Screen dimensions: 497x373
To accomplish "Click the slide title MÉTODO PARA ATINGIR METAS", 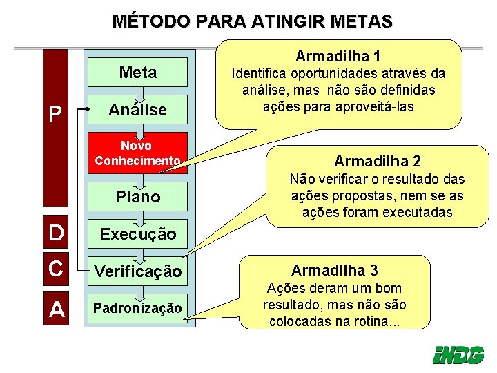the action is coord(252,21).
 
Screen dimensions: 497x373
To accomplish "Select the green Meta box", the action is coord(137,73).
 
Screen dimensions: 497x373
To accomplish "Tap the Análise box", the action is coord(137,110).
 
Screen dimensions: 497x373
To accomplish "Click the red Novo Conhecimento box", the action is coord(137,153).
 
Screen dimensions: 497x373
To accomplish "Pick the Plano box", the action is coord(137,197).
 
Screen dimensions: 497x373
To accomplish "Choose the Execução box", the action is coord(137,234).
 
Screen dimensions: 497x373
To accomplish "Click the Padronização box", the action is coord(137,308).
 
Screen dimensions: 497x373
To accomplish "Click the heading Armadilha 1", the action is coord(338,55).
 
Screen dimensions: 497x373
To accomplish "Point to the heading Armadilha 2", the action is coord(377,162).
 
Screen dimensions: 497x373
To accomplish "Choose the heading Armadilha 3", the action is coord(334,270).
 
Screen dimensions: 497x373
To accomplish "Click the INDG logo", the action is coord(457,354).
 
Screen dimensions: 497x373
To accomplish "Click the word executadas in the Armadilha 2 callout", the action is coord(417,212).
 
